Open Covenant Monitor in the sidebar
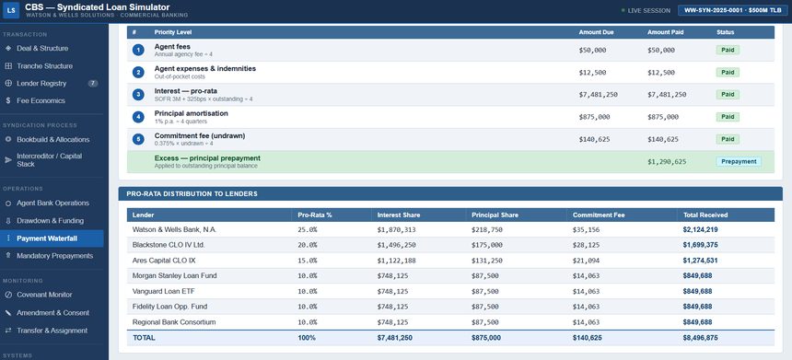(x=44, y=295)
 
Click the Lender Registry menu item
(x=41, y=83)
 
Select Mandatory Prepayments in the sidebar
(x=54, y=256)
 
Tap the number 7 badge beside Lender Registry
(x=93, y=83)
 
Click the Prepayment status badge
(x=739, y=161)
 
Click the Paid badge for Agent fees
(x=728, y=50)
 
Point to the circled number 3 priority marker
(x=138, y=95)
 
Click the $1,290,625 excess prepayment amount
(x=667, y=161)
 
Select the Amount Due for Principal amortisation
(x=595, y=117)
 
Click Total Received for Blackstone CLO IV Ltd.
(x=700, y=245)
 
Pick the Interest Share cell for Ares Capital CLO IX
(x=394, y=261)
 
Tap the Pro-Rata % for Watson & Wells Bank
(x=308, y=230)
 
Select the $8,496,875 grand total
(x=700, y=338)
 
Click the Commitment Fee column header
(x=599, y=215)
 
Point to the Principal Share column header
(x=495, y=215)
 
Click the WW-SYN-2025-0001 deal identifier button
(x=733, y=11)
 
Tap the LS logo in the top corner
(x=11, y=10)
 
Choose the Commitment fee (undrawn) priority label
(x=200, y=136)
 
